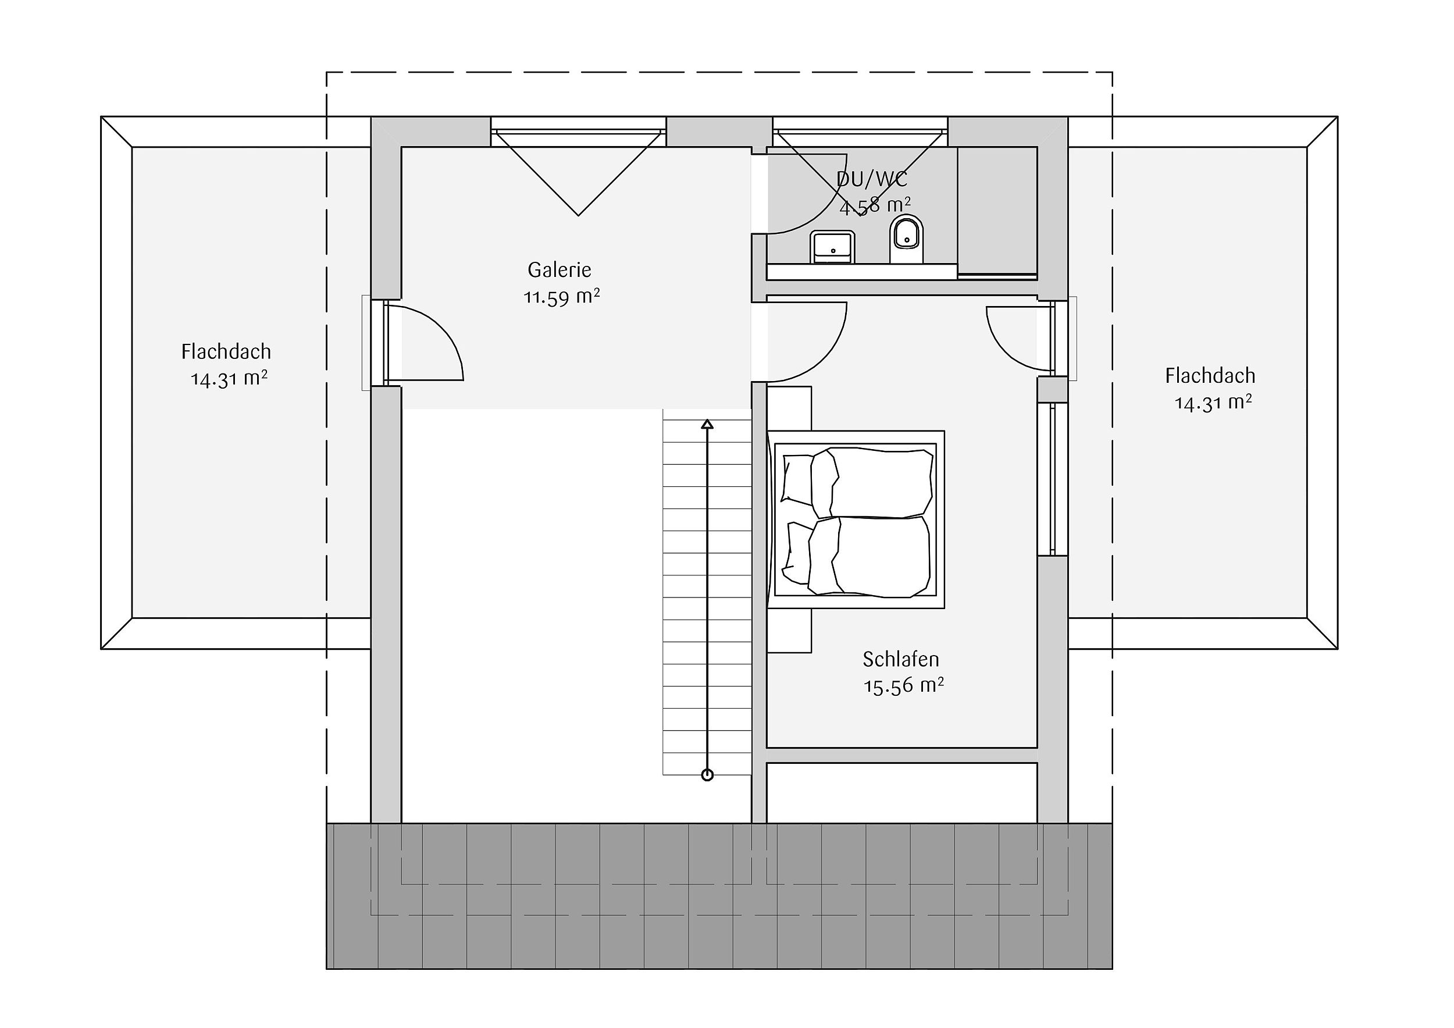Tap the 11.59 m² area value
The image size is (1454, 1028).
pos(562,297)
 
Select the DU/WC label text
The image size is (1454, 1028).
pos(872,179)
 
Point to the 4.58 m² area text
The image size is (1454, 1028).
pos(875,206)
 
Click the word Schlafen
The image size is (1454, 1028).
pos(900,659)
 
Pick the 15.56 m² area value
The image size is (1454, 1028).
pos(904,686)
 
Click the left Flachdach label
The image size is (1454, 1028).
pos(226,351)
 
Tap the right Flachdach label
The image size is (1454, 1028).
pos(1210,376)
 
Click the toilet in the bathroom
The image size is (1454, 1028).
pos(906,240)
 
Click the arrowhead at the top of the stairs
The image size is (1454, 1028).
pos(707,424)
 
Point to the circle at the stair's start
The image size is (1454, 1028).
pos(707,776)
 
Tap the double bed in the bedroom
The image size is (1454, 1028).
pos(856,520)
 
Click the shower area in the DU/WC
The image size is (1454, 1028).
pos(997,211)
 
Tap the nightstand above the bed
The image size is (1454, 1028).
pos(789,408)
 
